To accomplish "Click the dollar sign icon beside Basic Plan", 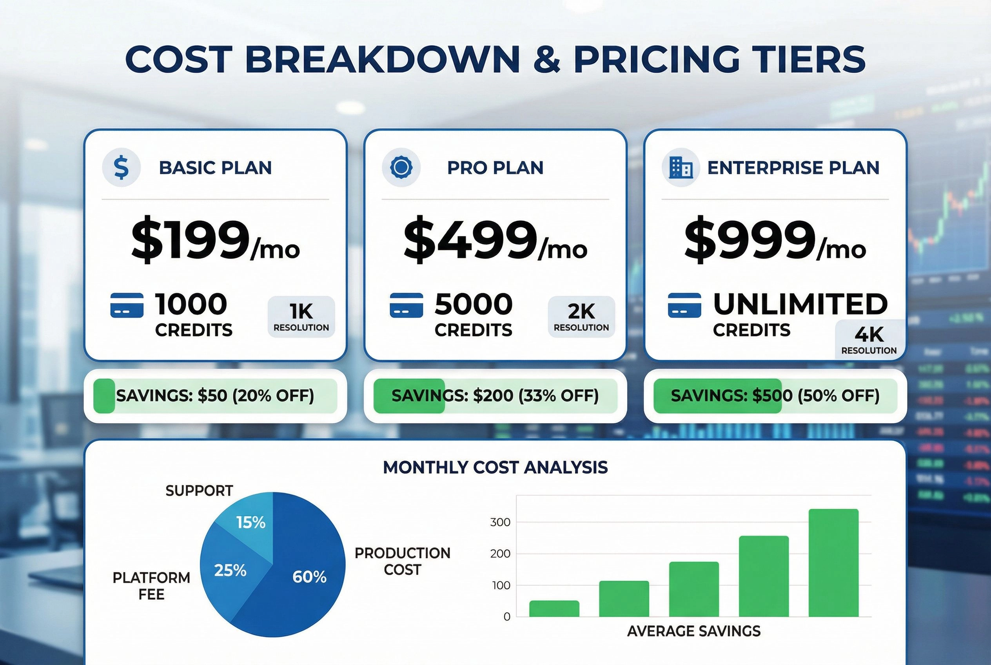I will coord(121,167).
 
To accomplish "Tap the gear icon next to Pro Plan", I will coord(401,167).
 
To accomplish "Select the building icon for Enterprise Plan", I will coord(681,167).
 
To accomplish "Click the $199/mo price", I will coord(216,239).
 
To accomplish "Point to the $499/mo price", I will coord(495,239).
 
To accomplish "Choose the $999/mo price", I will coord(775,239).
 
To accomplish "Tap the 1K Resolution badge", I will coord(301,316).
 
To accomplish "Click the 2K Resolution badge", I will coord(581,316).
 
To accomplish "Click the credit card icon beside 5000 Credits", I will coord(406,305).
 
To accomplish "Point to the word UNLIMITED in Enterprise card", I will coord(800,304).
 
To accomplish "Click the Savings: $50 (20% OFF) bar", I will coord(216,396).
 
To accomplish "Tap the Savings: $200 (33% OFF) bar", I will coord(495,396).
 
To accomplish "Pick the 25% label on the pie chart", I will coord(230,571).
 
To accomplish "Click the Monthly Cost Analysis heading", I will coord(495,467).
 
